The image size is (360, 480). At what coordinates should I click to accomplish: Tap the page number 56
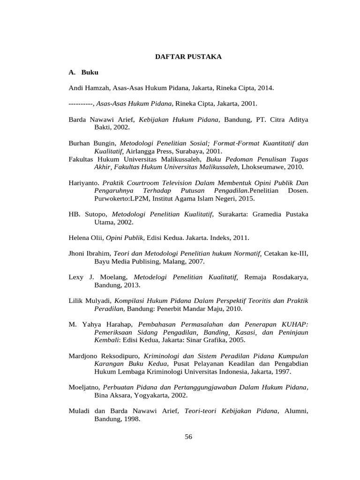[x=188, y=436]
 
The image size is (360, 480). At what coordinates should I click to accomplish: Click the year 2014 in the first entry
[x=266, y=88]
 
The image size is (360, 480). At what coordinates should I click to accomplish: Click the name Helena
[x=79, y=238]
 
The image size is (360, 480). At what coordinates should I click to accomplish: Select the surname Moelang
[x=114, y=277]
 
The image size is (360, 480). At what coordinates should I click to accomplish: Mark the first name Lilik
[x=76, y=300]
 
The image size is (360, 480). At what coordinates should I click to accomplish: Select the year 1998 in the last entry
[x=132, y=419]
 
